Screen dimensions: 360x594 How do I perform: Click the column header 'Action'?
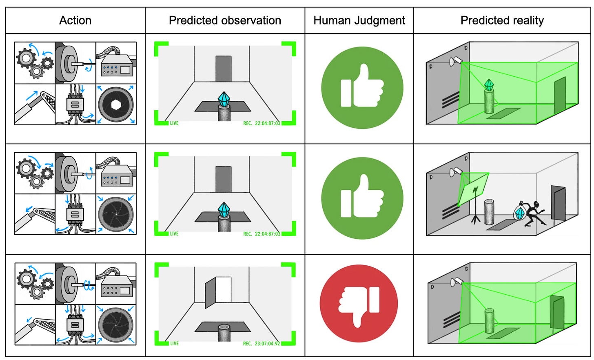click(x=75, y=20)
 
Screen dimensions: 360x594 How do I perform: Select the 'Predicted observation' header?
click(x=225, y=20)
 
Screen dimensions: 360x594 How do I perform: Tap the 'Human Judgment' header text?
click(x=359, y=20)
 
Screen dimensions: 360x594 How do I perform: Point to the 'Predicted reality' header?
click(x=502, y=20)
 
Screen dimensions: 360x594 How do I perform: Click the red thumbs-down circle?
click(x=359, y=304)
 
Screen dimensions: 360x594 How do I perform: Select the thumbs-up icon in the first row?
click(x=362, y=87)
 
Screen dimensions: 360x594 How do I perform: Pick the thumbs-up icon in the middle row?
click(x=362, y=198)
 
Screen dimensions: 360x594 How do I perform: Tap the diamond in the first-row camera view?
click(x=224, y=99)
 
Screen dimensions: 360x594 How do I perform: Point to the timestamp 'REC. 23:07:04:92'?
click(x=262, y=344)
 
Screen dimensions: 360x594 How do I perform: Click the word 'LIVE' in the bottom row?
click(x=174, y=344)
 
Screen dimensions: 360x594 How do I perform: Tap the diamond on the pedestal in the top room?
click(x=489, y=84)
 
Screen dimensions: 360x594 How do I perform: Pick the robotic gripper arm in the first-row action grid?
click(x=35, y=104)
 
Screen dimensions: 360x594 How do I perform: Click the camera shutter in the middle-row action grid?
click(x=116, y=214)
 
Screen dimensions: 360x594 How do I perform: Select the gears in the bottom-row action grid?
click(x=35, y=284)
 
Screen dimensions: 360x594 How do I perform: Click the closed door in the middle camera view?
click(x=223, y=179)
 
